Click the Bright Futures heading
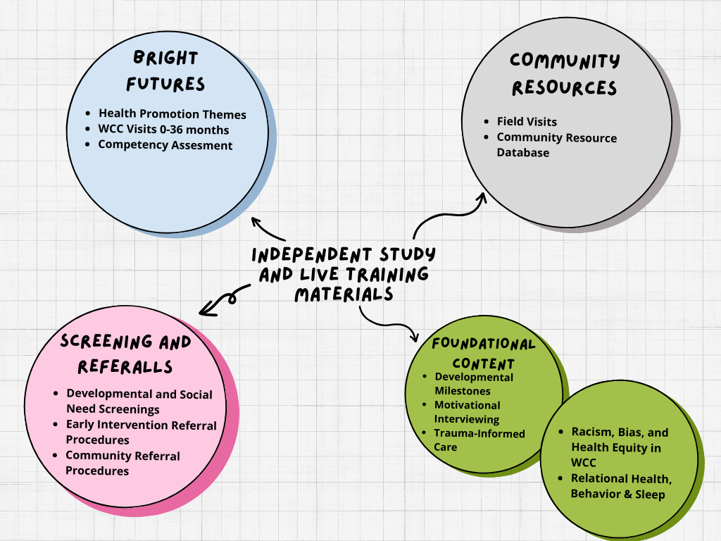coord(165,71)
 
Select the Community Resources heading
coord(565,74)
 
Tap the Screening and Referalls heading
coord(126,354)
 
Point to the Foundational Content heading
coord(483,354)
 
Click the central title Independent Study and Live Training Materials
coord(344,274)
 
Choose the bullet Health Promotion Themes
coord(172,113)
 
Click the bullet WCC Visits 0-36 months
coord(163,130)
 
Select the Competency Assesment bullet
coord(165,145)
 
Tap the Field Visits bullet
coord(527,122)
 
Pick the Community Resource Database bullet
coord(556,145)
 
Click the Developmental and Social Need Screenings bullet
coord(139,402)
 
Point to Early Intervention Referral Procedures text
coord(142,433)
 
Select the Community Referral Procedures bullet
coord(123,464)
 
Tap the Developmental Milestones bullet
coord(473,384)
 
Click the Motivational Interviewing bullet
coord(467,412)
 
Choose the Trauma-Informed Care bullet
coord(479,440)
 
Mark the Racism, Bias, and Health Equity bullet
coord(620,447)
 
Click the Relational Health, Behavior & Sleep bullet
coord(620,486)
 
